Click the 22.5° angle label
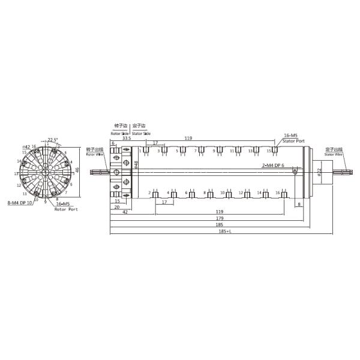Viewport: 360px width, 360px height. (53, 140)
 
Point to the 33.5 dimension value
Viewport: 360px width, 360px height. (126, 138)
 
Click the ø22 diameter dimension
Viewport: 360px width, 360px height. (319, 172)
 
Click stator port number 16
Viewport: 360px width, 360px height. (277, 193)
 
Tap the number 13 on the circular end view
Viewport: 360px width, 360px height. (23, 194)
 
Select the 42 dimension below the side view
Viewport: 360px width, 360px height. (124, 212)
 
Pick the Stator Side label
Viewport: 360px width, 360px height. (142, 132)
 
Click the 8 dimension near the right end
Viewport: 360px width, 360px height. (299, 205)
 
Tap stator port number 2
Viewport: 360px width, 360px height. (149, 193)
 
